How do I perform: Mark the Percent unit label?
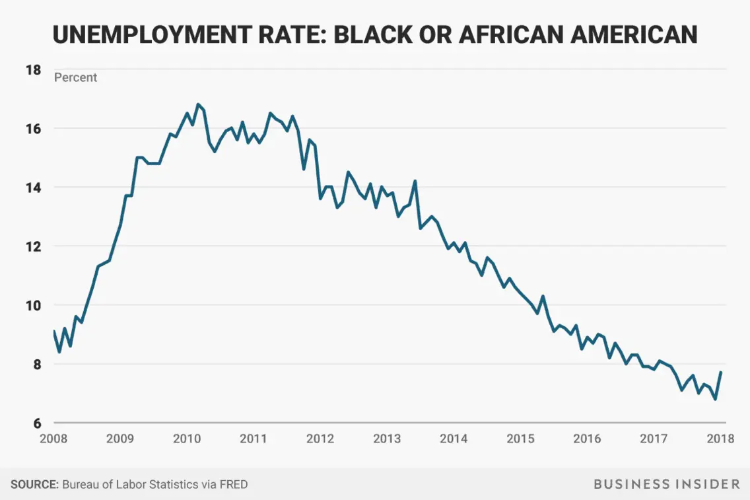75,78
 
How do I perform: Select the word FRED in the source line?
234,484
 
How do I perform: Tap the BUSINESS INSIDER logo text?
667,484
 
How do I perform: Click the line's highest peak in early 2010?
197,104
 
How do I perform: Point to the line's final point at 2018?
721,373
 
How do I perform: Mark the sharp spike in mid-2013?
415,181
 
